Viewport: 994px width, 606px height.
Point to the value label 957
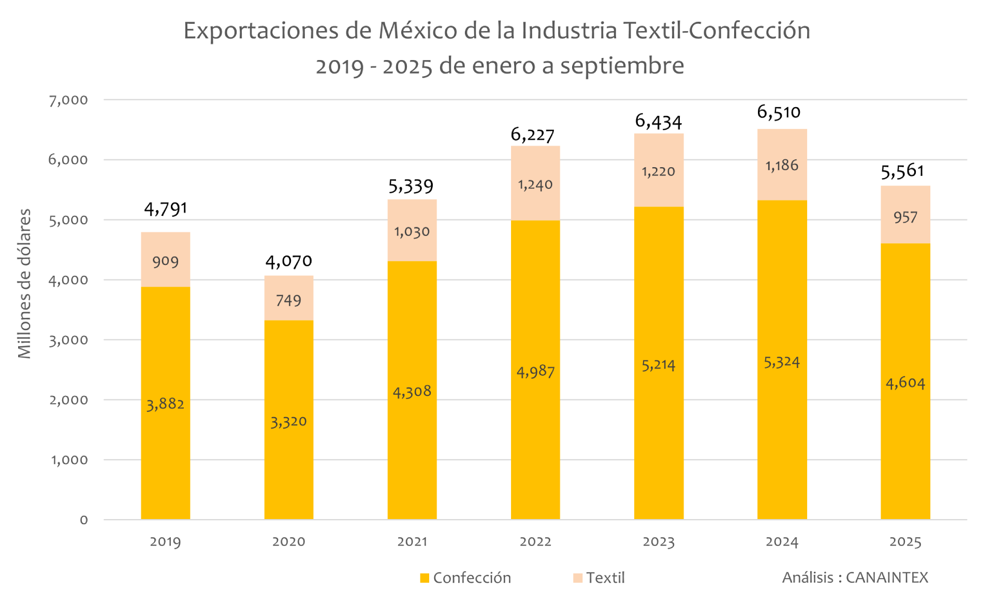pos(905,217)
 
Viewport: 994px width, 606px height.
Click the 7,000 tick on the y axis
pos(68,100)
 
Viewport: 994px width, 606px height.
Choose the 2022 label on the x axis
pos(535,542)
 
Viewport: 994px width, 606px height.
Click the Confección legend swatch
pos(425,578)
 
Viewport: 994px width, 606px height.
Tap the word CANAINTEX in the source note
pos(887,578)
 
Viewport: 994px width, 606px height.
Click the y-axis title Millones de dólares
pos(24,284)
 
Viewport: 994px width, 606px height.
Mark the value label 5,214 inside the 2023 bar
pos(659,365)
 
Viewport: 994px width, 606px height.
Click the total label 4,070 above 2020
pos(288,261)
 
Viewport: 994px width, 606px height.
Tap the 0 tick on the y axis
pos(84,520)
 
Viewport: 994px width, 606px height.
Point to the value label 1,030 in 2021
pos(412,231)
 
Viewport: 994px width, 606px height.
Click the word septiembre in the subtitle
pos(622,66)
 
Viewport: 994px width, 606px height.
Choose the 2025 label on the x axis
pos(905,542)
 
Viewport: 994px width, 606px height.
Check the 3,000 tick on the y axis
pos(68,340)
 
